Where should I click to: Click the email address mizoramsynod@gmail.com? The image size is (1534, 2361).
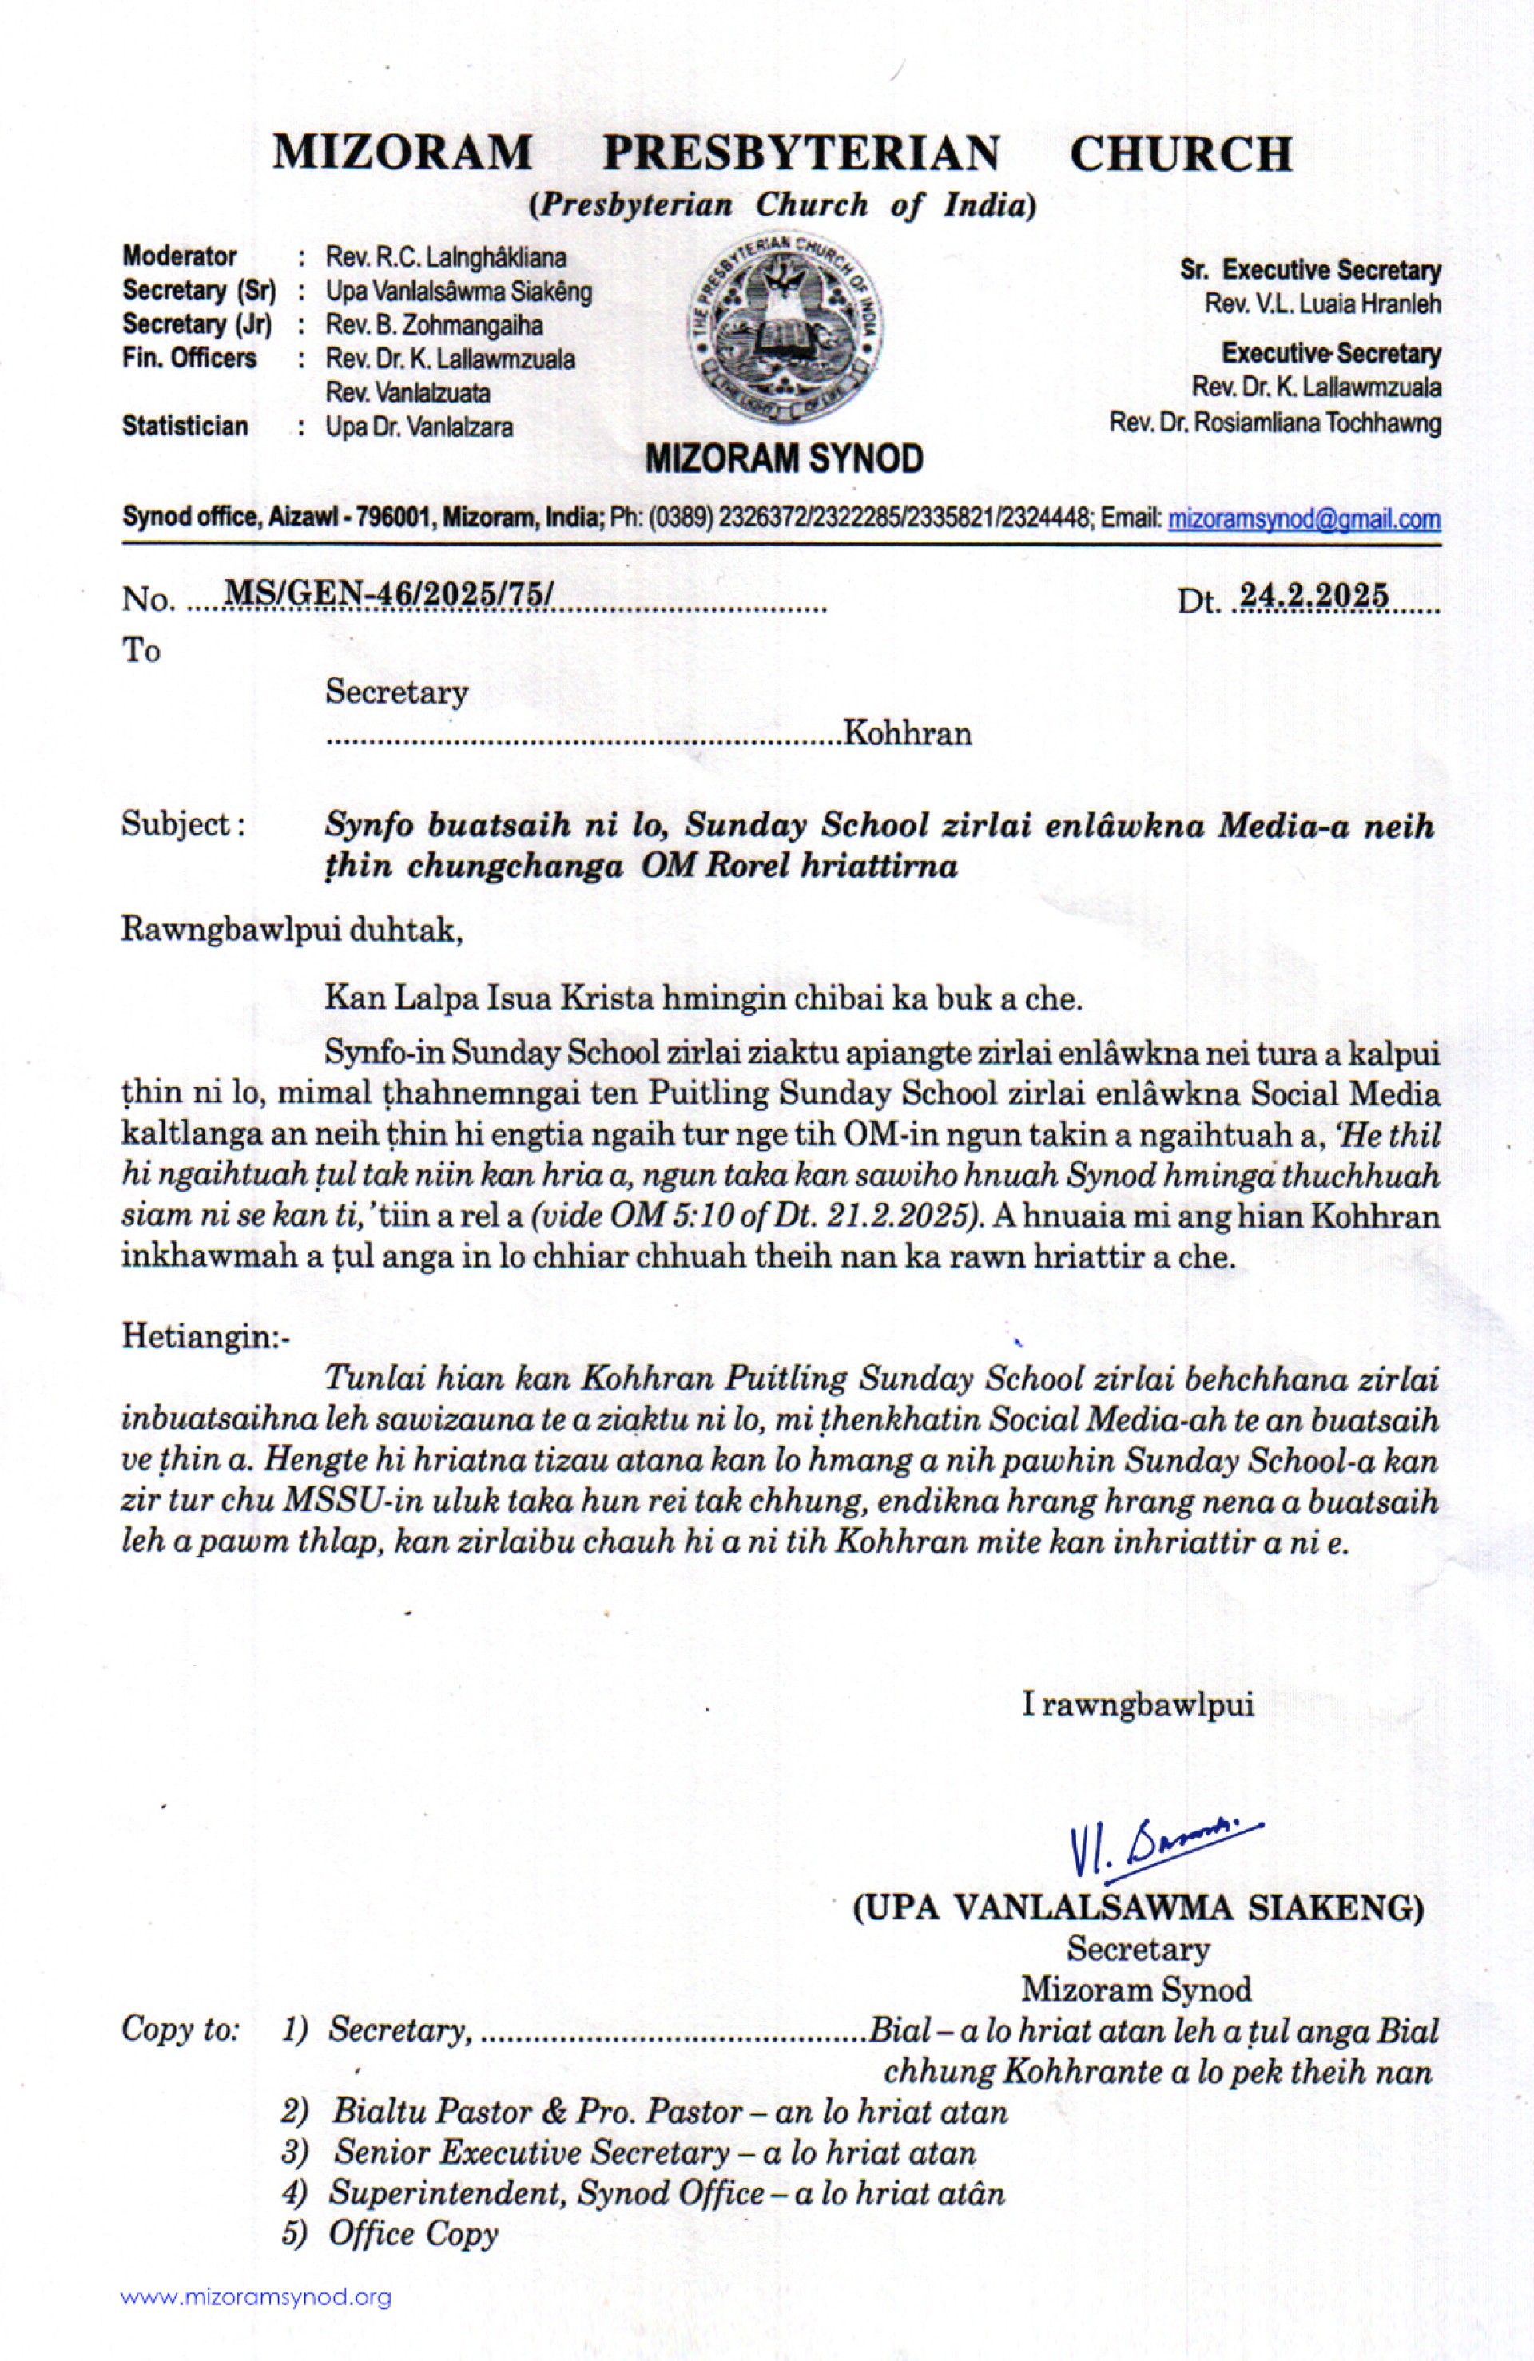[1304, 519]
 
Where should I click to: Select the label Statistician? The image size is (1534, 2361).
[185, 427]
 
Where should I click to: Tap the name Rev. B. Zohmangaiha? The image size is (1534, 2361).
[434, 324]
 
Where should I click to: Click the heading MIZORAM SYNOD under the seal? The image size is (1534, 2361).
[784, 459]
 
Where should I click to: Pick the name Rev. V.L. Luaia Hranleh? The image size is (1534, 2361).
[1321, 304]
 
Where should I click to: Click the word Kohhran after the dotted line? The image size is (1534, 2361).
[907, 734]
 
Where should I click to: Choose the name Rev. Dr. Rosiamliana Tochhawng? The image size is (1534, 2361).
[1275, 423]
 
